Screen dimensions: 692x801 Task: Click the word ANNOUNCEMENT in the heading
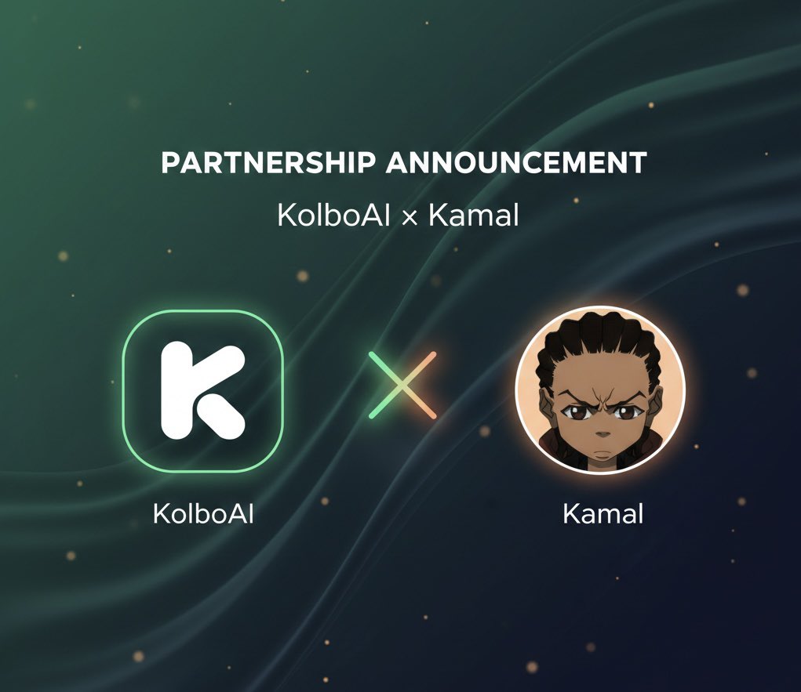(516, 163)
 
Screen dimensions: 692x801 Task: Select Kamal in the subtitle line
(473, 214)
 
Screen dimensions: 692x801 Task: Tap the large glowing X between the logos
(402, 385)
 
